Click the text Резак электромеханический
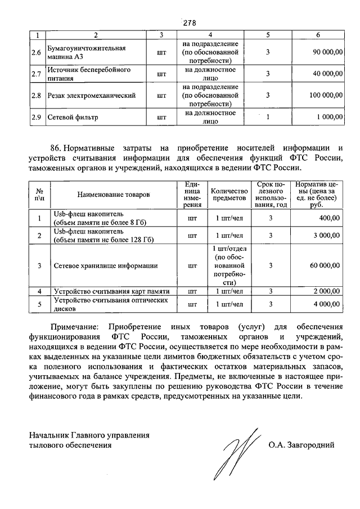point(92,96)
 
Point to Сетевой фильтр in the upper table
point(73,118)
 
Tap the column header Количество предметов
point(229,195)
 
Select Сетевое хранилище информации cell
point(105,265)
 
